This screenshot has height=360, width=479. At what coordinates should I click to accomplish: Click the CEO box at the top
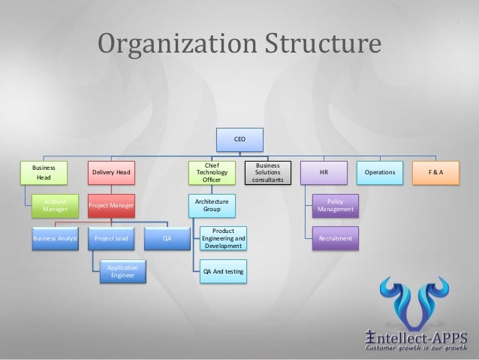(x=239, y=139)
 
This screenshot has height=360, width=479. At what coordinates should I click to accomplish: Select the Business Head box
(x=44, y=172)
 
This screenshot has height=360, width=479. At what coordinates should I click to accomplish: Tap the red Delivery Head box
(x=111, y=172)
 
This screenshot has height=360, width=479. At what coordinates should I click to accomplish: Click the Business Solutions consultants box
(x=268, y=172)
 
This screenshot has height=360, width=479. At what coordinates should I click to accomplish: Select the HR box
(x=323, y=172)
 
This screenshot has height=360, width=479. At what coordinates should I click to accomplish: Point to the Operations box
(x=379, y=172)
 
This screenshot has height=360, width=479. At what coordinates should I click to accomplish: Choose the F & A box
(x=435, y=172)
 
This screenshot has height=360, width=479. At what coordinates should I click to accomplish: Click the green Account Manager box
(x=55, y=205)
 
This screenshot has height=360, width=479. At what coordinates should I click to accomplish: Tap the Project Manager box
(x=111, y=205)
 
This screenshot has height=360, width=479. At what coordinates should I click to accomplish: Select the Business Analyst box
(x=55, y=238)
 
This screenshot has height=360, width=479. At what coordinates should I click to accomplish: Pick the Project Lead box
(x=111, y=238)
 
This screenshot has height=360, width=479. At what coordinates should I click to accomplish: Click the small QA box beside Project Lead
(x=167, y=238)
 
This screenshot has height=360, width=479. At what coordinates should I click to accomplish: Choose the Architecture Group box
(x=212, y=205)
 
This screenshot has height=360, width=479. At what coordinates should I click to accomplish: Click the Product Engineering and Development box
(x=223, y=238)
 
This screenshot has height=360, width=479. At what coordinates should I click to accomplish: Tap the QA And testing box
(x=223, y=271)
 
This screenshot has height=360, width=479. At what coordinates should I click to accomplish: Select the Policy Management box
(x=335, y=205)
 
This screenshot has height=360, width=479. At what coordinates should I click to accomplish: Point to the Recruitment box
(x=335, y=238)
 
